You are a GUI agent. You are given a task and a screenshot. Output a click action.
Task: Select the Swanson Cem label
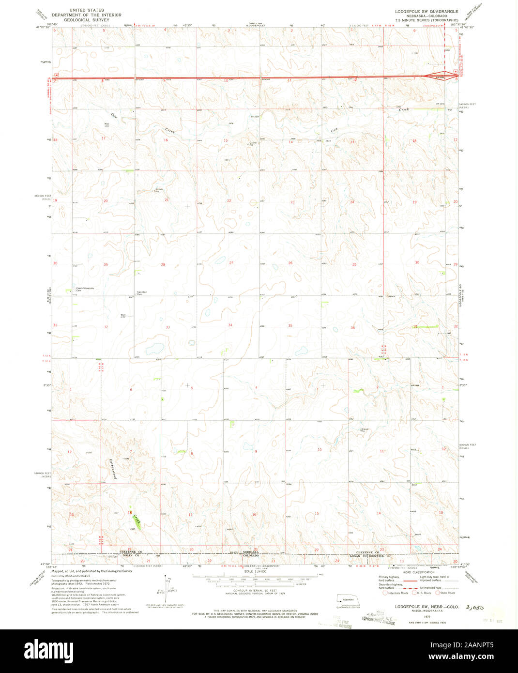(x=142, y=292)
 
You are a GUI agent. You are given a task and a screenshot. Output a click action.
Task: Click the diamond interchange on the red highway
(x=454, y=74)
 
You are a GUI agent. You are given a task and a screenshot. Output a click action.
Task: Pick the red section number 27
(x=231, y=263)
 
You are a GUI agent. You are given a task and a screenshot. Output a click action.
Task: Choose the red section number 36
(x=352, y=328)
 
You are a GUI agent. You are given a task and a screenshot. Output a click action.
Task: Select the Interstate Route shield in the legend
(x=385, y=593)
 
